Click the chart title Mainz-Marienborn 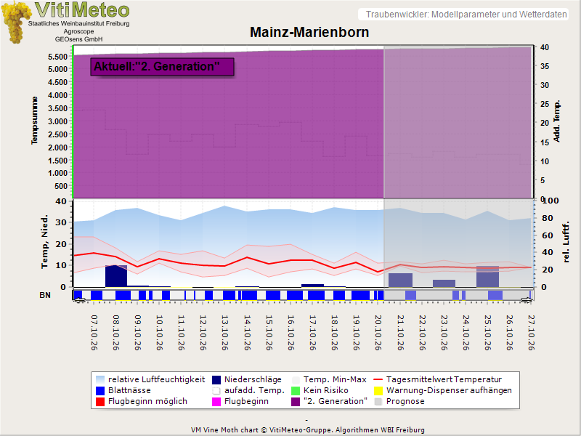309,32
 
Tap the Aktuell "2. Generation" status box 162,67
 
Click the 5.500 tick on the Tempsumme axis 58,57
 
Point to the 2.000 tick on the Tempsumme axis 58,148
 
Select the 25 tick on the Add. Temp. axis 544,104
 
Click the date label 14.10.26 248,333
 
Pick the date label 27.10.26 532,333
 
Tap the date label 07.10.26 94,333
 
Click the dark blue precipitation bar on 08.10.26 116,276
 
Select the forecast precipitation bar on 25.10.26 487,277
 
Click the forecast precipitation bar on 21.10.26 400,280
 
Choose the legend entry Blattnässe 123,390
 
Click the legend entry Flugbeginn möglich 142,402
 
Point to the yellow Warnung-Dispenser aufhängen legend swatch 378,391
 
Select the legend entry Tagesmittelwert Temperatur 438,379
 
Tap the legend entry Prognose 399,402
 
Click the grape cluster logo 15,23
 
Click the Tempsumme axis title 34,120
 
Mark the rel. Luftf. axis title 566,243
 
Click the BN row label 45,295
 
